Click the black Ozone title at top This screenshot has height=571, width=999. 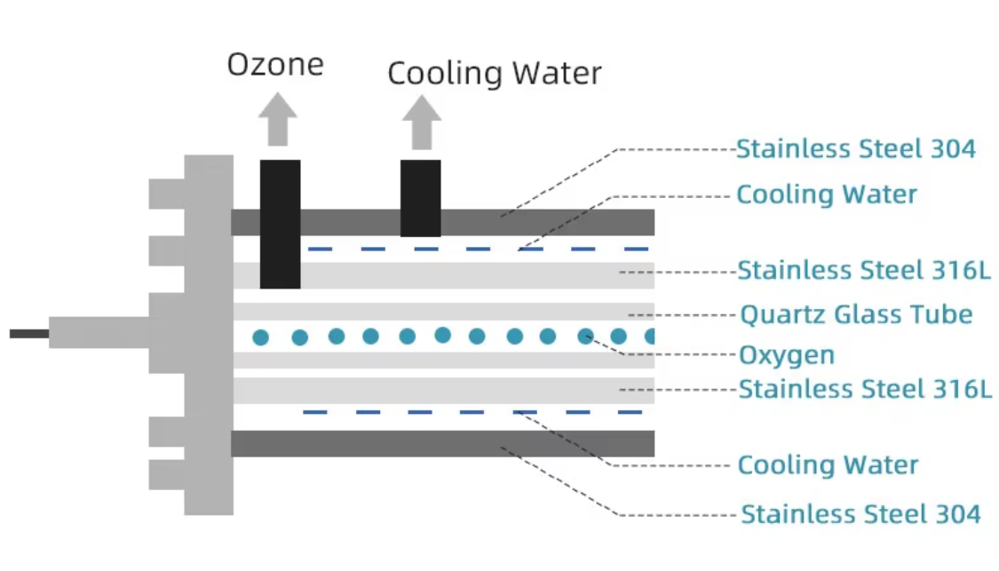pos(275,64)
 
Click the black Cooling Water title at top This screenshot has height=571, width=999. pos(495,73)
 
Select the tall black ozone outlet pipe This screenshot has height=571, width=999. pos(280,224)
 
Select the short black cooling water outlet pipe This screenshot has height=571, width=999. pos(420,198)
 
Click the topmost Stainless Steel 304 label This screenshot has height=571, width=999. pos(855,149)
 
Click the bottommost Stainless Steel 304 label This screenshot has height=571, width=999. pos(860,513)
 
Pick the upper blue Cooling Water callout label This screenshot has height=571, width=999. pos(826,194)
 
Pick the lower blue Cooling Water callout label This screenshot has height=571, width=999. pos(828,464)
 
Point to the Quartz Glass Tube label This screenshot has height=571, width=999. pos(856,313)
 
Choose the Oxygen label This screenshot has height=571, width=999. pos(787,355)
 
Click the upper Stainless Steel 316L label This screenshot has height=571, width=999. pos(863,269)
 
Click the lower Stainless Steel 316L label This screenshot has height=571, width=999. pos(865,389)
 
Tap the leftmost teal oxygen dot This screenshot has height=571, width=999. pos(260,337)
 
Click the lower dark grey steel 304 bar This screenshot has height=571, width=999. pos(444,443)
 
